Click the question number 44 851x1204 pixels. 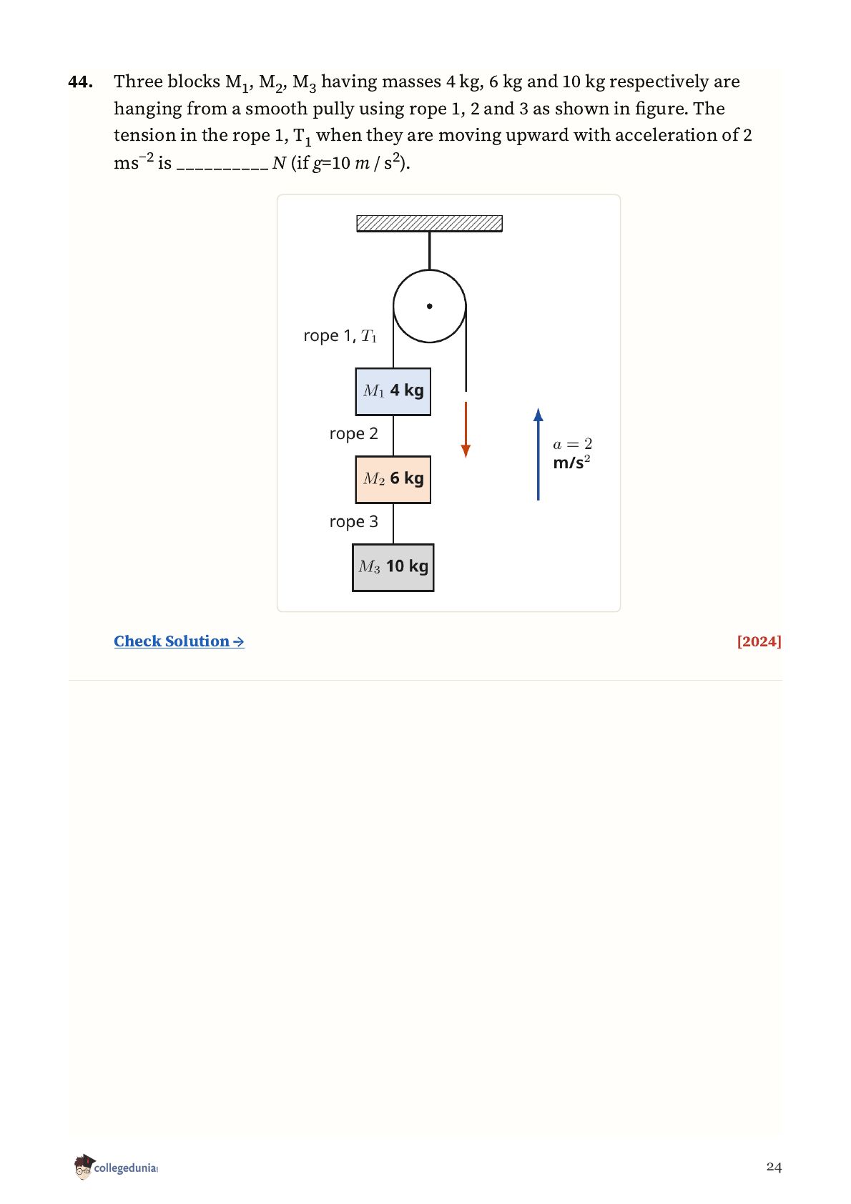[x=81, y=82]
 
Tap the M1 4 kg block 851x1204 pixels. [x=393, y=391]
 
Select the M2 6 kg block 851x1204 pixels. [x=393, y=480]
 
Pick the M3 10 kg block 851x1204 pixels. [x=393, y=568]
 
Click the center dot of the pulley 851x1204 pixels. [x=430, y=307]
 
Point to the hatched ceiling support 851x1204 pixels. [x=430, y=224]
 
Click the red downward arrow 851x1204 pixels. [x=466, y=430]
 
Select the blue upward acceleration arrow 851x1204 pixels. [x=538, y=454]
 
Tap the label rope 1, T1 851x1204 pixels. [x=340, y=336]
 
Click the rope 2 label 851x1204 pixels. [x=354, y=434]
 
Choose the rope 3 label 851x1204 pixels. [x=354, y=522]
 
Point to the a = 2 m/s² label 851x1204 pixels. [x=573, y=454]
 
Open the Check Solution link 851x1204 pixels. [x=179, y=641]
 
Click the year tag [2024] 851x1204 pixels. [x=759, y=641]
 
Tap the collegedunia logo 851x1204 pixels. [x=116, y=1168]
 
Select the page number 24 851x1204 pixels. [x=774, y=1167]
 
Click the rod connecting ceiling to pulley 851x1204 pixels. [x=430, y=250]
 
